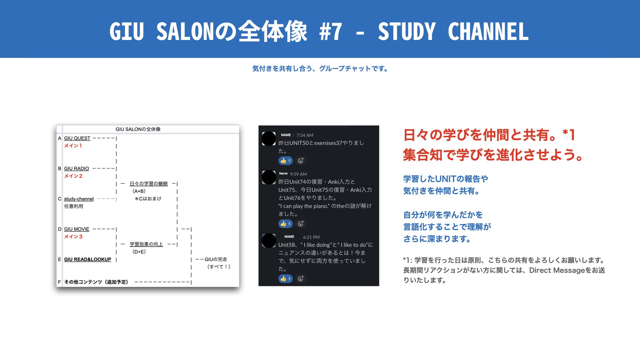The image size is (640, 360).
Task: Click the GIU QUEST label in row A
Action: pyautogui.click(x=77, y=138)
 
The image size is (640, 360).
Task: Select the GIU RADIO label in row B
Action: pyautogui.click(x=76, y=169)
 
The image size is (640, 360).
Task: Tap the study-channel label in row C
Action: pyautogui.click(x=79, y=199)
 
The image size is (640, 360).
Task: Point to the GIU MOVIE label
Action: pyautogui.click(x=77, y=229)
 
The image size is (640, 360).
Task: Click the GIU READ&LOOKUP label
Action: pyautogui.click(x=87, y=259)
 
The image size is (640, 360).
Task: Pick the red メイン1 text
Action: pyautogui.click(x=73, y=146)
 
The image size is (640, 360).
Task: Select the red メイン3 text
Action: pyautogui.click(x=73, y=237)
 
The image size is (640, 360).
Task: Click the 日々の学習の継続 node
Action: pyautogui.click(x=149, y=184)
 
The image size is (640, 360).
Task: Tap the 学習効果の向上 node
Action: pyautogui.click(x=146, y=244)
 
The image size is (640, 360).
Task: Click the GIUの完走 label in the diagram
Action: pyautogui.click(x=216, y=259)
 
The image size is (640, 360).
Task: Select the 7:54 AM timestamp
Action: pyautogui.click(x=305, y=135)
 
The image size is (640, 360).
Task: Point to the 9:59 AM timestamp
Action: pyautogui.click(x=298, y=174)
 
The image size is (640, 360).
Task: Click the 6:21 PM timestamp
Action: pyautogui.click(x=311, y=237)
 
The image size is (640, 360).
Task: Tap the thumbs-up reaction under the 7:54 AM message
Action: pyautogui.click(x=285, y=161)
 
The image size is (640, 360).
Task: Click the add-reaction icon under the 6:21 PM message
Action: pyautogui.click(x=301, y=279)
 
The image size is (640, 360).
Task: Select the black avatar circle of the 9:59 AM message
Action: pyautogui.click(x=269, y=177)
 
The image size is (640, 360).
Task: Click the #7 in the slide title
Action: pyautogui.click(x=330, y=32)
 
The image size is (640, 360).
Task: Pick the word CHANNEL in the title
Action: pyautogui.click(x=488, y=32)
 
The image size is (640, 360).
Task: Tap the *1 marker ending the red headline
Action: pyautogui.click(x=569, y=135)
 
